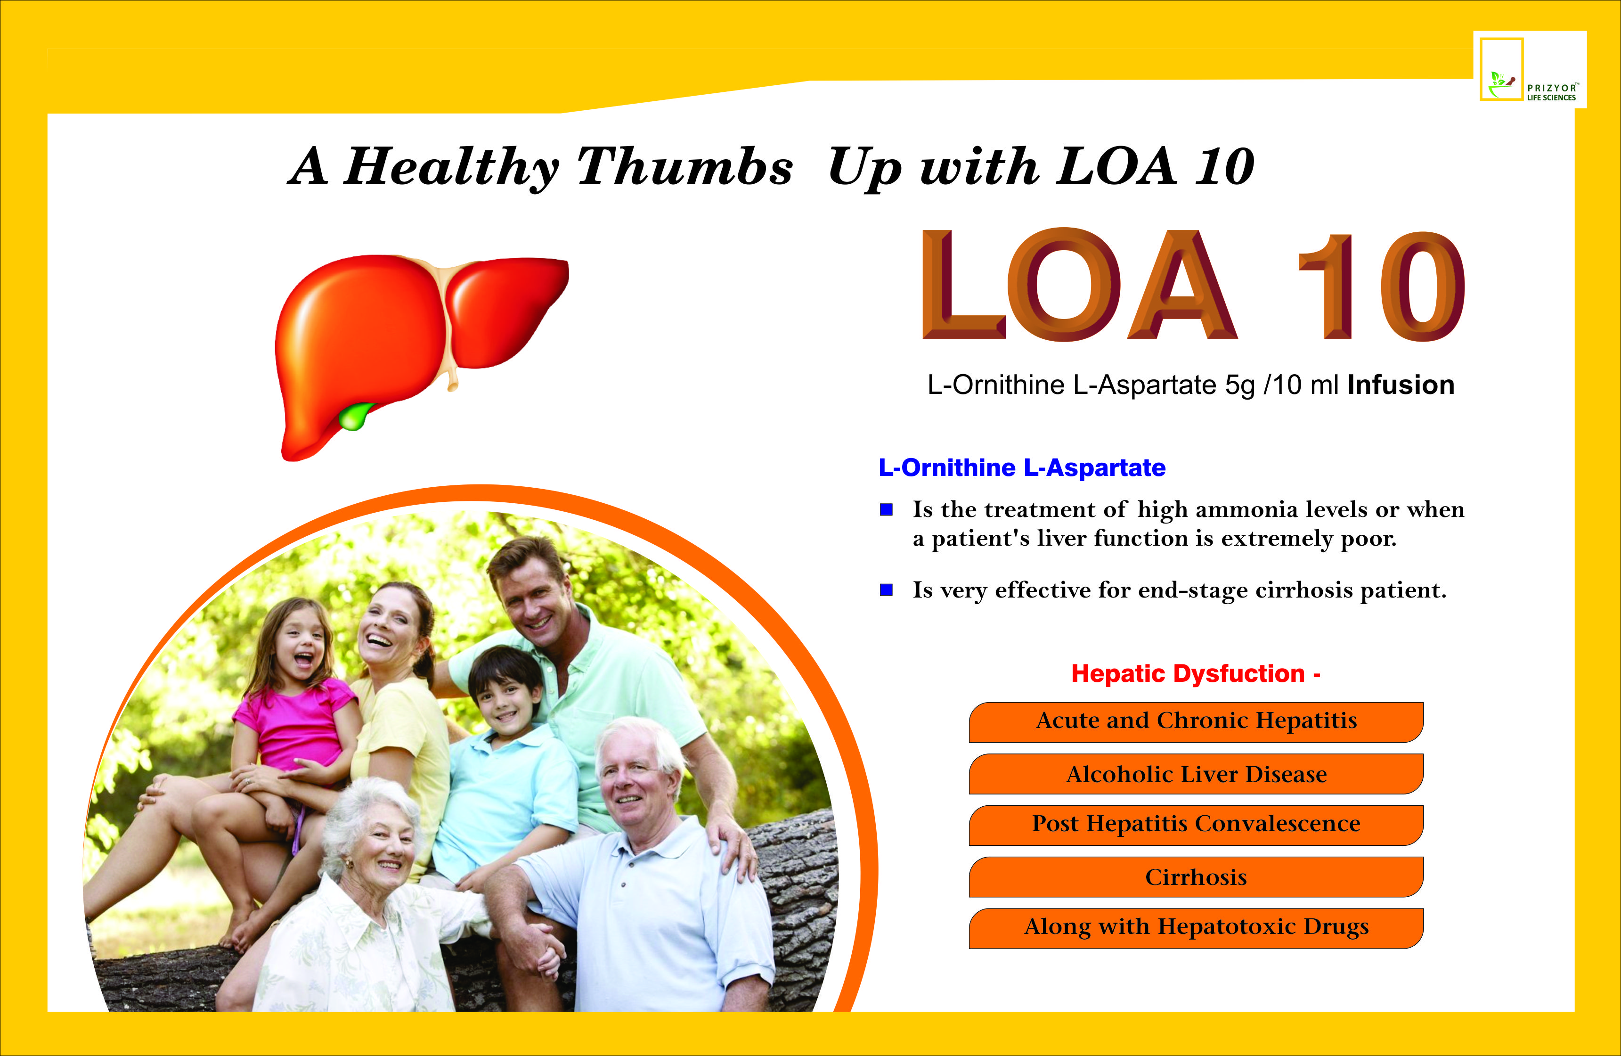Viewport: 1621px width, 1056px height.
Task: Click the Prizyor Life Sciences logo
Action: tap(1530, 69)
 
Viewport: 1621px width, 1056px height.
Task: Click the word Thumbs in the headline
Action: tap(685, 167)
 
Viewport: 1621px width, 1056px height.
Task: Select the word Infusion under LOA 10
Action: tap(1401, 385)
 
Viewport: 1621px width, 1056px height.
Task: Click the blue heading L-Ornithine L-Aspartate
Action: tap(1022, 467)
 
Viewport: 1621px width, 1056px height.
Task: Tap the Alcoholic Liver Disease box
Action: tap(1196, 773)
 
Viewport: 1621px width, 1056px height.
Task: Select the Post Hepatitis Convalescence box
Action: tap(1196, 825)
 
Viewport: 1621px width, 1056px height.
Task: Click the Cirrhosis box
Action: tap(1196, 877)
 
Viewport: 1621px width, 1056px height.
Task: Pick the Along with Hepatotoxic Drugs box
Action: tap(1196, 928)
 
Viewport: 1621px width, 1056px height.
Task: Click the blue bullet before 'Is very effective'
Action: tap(886, 589)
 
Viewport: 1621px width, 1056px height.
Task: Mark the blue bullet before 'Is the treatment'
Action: tap(886, 509)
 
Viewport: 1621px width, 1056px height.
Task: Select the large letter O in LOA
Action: tap(1063, 284)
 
